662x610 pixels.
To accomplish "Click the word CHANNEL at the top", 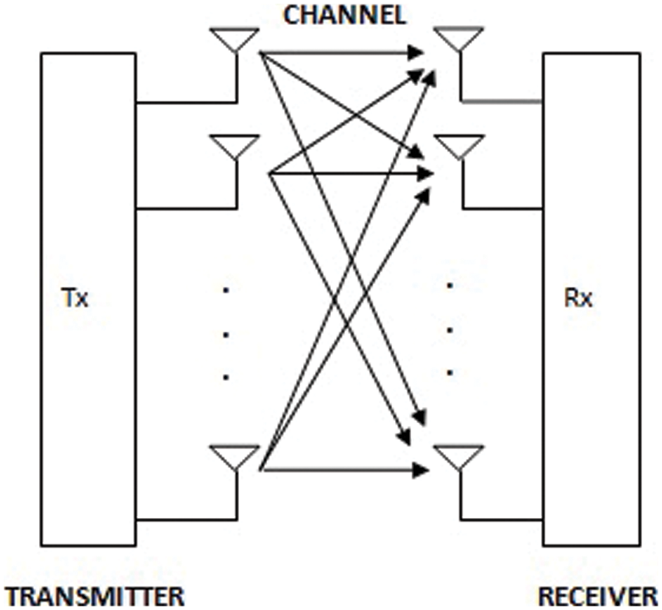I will point(344,16).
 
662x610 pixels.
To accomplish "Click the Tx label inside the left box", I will point(74,299).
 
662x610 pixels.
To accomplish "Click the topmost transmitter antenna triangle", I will point(235,38).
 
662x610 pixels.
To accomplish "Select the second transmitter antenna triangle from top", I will point(235,145).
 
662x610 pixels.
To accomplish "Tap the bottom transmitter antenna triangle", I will point(235,455).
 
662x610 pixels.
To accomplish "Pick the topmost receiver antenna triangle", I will point(459,38).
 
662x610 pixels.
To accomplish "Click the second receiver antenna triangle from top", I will point(459,145).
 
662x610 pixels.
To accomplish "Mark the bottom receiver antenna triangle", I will point(459,455).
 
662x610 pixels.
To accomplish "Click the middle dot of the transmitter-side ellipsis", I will point(226,334).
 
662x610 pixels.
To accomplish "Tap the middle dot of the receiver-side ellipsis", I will point(450,329).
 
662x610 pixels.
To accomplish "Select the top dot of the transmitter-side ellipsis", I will point(226,291).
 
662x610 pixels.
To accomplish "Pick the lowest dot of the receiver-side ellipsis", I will point(450,372).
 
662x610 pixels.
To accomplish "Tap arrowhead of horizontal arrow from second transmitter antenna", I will point(422,174).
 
